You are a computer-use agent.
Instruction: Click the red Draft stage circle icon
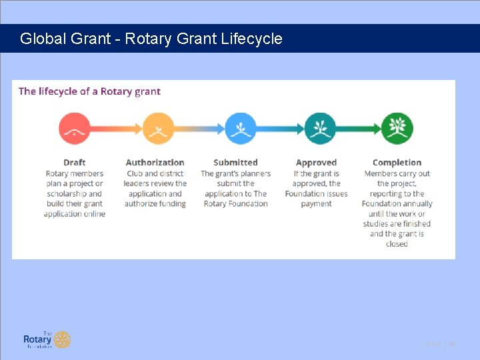point(75,129)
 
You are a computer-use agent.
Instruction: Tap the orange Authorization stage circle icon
point(158,129)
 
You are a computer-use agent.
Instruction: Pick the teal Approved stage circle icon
point(320,129)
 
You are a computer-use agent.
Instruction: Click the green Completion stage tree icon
point(397,129)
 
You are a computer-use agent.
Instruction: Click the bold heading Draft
point(75,163)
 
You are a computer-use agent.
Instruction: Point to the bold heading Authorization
point(155,163)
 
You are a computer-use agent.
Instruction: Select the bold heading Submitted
point(235,163)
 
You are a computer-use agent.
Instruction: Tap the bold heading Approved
point(316,163)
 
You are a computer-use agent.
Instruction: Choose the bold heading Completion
point(397,163)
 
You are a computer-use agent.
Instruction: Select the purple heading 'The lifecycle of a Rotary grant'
point(89,91)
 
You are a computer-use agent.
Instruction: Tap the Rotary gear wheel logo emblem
point(62,339)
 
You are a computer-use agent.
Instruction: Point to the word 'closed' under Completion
point(397,244)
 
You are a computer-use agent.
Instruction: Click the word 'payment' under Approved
point(316,204)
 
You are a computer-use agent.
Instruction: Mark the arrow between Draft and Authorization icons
point(116,129)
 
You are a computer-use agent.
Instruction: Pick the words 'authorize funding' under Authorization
point(155,204)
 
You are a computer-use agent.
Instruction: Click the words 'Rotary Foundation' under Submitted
point(235,204)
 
